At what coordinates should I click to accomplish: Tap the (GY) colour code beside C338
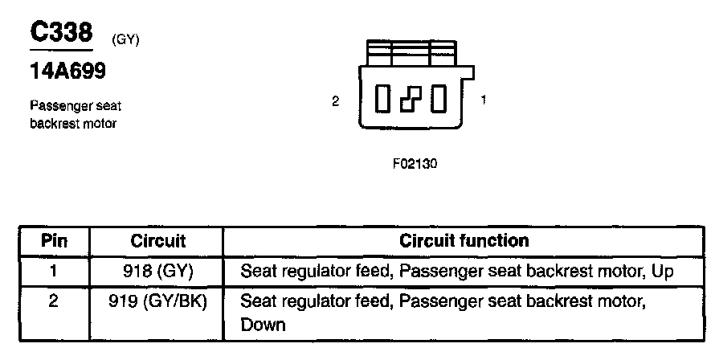[126, 40]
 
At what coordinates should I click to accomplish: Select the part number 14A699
[68, 71]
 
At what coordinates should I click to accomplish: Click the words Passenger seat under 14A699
[76, 106]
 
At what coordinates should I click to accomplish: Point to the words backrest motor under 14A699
[73, 123]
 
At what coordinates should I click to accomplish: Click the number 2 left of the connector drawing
[336, 101]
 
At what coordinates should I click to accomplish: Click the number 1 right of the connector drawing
[483, 100]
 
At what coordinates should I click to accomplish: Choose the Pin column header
[53, 241]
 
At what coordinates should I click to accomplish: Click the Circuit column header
[157, 241]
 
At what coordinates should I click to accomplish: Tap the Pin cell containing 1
[53, 271]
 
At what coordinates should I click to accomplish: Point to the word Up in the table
[663, 272]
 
